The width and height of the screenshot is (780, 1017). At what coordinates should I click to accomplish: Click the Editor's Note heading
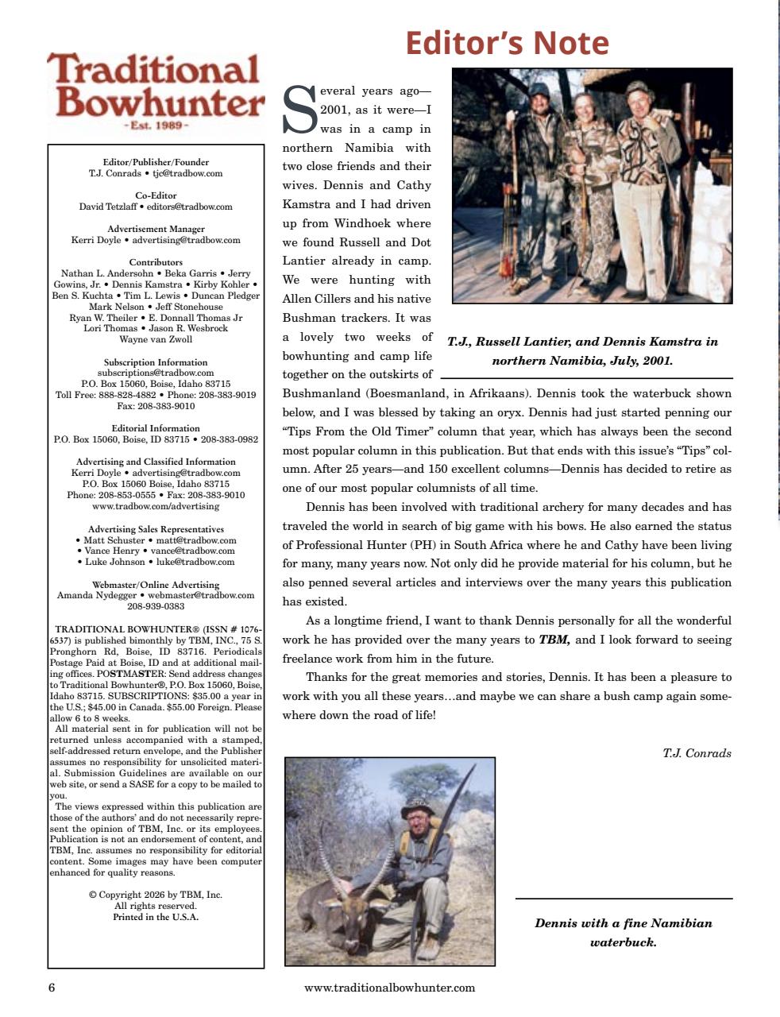pyautogui.click(x=507, y=43)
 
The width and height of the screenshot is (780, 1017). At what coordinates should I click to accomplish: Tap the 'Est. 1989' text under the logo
pyautogui.click(x=156, y=126)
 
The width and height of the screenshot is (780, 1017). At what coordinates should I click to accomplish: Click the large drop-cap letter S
pyautogui.click(x=299, y=110)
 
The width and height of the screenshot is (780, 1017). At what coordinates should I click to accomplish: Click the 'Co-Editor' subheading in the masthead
pyautogui.click(x=156, y=195)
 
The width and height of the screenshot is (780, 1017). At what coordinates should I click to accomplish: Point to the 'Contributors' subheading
pyautogui.click(x=156, y=262)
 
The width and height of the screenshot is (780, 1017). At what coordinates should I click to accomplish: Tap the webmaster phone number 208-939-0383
pyautogui.click(x=156, y=606)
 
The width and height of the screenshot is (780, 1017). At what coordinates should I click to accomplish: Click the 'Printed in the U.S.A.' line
pyautogui.click(x=156, y=917)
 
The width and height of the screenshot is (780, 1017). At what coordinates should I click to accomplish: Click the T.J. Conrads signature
pyautogui.click(x=697, y=753)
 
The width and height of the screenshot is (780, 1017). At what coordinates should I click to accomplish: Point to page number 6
pyautogui.click(x=52, y=988)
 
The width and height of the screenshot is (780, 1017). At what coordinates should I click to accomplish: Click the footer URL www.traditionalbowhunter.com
pyautogui.click(x=389, y=988)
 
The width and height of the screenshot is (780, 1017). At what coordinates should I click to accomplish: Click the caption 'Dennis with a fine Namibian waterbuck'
pyautogui.click(x=623, y=933)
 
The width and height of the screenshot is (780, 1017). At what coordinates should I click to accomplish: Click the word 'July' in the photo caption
pyautogui.click(x=624, y=361)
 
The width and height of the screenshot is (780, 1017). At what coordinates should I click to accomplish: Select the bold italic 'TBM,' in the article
pyautogui.click(x=554, y=640)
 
